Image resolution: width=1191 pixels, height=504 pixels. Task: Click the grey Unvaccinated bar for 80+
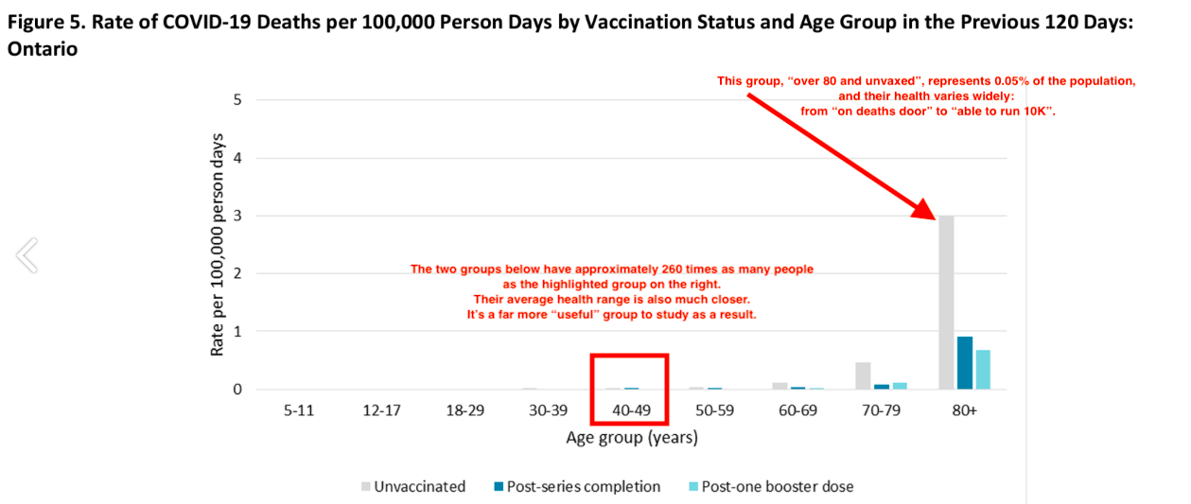pyautogui.click(x=946, y=303)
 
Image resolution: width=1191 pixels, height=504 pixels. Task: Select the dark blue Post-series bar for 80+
pyautogui.click(x=965, y=362)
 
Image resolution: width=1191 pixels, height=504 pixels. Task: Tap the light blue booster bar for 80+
pyautogui.click(x=983, y=370)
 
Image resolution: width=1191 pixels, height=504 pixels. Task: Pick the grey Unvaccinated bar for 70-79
pyautogui.click(x=863, y=376)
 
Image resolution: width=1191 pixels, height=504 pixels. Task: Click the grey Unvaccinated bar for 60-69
pyautogui.click(x=780, y=386)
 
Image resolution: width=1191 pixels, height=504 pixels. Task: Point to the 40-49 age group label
pyautogui.click(x=631, y=410)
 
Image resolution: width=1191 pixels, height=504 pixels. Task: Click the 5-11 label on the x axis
pyautogui.click(x=299, y=410)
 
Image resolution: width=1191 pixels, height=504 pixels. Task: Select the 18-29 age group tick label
pyautogui.click(x=465, y=410)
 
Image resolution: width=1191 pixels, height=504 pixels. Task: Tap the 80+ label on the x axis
pyautogui.click(x=965, y=410)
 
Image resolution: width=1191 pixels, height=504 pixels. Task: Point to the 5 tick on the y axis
pyautogui.click(x=237, y=100)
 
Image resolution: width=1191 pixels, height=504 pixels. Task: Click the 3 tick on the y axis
pyautogui.click(x=237, y=216)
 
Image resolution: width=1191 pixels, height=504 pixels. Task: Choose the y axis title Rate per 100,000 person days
pyautogui.click(x=217, y=245)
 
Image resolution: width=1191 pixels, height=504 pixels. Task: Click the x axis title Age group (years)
pyautogui.click(x=632, y=438)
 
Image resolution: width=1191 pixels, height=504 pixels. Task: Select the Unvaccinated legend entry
pyautogui.click(x=413, y=486)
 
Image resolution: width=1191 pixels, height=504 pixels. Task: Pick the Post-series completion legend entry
pyautogui.click(x=577, y=486)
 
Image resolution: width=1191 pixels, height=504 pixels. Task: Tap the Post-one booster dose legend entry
pyautogui.click(x=772, y=486)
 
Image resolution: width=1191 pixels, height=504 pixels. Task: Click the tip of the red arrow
pyautogui.click(x=936, y=219)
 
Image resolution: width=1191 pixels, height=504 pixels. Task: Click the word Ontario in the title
pyautogui.click(x=43, y=49)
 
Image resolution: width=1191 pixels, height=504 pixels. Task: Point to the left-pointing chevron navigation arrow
pyautogui.click(x=26, y=255)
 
